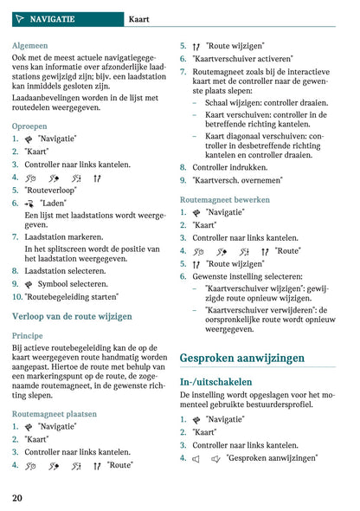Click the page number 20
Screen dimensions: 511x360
point(17,497)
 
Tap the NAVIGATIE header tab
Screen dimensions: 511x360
point(50,18)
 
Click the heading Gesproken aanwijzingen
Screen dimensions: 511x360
point(241,357)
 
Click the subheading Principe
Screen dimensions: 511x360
point(28,335)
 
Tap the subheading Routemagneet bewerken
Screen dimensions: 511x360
point(226,199)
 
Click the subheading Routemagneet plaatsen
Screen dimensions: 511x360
point(55,414)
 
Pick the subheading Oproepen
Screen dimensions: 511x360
point(30,126)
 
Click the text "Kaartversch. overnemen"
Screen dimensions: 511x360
point(237,180)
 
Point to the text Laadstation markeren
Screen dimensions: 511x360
point(65,236)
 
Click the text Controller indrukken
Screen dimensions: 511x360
point(229,167)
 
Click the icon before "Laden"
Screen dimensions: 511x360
point(29,204)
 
